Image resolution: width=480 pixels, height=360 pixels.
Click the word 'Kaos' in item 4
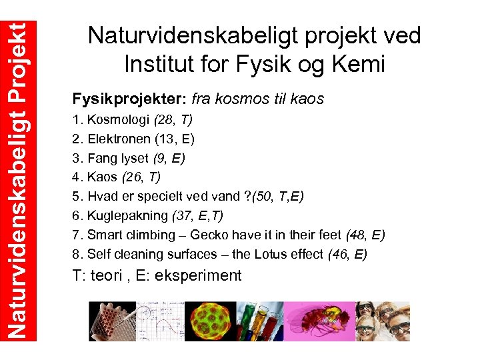(102, 177)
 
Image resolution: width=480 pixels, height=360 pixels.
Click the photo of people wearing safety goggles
(383, 321)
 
